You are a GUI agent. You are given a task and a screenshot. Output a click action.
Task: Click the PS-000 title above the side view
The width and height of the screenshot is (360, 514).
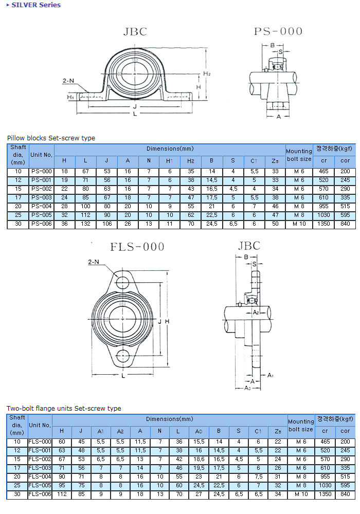[278, 31]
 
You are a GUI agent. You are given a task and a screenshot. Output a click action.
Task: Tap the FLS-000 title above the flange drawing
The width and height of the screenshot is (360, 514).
[137, 247]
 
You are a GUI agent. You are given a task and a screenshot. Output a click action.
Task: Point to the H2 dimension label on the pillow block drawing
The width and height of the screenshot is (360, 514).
[206, 74]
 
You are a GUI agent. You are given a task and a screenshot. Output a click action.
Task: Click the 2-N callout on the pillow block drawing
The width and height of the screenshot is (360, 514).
[68, 81]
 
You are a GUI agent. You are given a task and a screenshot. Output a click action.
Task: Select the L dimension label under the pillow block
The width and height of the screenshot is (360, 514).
[135, 114]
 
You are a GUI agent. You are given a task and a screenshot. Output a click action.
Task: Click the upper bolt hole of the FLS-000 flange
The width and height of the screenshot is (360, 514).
[123, 282]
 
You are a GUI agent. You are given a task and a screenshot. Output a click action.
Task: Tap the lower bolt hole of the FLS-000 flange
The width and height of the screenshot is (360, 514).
[123, 356]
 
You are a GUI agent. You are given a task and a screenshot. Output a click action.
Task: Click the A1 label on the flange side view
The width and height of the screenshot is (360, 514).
[271, 376]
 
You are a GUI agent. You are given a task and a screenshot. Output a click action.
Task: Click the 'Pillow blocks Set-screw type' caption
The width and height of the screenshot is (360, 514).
[51, 138]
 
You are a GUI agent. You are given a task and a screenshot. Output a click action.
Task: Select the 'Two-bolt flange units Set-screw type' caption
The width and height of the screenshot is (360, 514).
[64, 409]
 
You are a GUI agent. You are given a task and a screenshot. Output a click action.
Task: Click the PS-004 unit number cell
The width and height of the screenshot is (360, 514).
[41, 206]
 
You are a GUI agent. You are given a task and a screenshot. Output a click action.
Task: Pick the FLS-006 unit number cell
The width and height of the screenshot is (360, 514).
[40, 494]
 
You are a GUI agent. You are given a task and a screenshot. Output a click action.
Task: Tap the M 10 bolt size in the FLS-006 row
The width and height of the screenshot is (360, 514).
[300, 494]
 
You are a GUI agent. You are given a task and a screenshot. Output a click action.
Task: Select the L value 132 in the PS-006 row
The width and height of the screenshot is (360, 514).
[85, 224]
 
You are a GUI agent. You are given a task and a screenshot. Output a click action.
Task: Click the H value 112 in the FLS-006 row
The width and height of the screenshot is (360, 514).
[62, 494]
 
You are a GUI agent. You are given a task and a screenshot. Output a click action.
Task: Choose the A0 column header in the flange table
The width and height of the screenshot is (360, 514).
[199, 431]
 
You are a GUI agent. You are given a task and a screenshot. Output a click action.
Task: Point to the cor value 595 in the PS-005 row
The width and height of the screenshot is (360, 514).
[345, 215]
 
